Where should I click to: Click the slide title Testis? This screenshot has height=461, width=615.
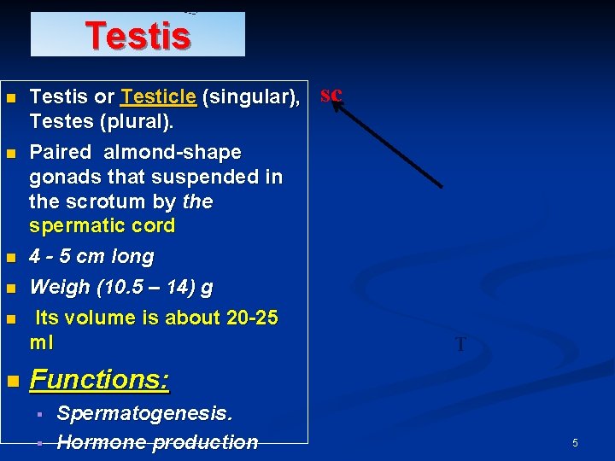138,36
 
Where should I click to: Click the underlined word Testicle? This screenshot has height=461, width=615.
159,98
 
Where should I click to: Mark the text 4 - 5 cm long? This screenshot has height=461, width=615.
91,257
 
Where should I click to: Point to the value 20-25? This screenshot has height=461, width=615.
252,318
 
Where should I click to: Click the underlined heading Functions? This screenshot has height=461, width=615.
99,379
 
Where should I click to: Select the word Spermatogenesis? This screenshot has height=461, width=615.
144,414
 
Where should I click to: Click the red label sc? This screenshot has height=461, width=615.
331,94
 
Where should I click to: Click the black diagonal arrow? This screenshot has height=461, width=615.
389,140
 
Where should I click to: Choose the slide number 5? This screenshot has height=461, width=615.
575,443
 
